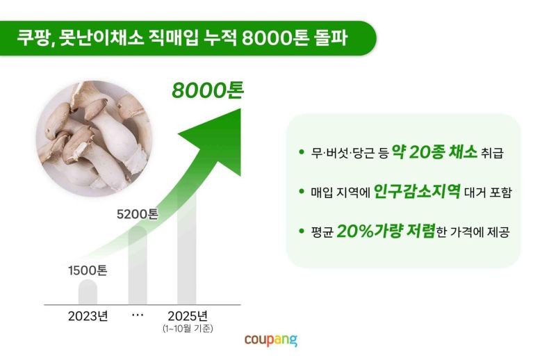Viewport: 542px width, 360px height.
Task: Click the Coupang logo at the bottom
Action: [x=270, y=340]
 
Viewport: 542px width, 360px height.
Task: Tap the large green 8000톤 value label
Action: [x=207, y=91]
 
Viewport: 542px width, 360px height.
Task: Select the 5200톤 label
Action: [x=138, y=214]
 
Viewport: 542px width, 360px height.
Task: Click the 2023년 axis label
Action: [x=88, y=316]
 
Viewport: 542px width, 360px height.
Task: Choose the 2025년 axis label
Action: [x=188, y=316]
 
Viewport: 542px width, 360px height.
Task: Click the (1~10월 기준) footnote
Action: [x=188, y=328]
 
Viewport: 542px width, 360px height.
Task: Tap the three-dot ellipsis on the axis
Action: [x=138, y=315]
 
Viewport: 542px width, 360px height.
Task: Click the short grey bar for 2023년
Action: [x=88, y=292]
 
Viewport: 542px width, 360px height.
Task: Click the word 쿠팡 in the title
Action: [x=33, y=38]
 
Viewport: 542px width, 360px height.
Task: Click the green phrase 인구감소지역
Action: [x=417, y=191]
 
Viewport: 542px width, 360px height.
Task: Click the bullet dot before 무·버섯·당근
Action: [x=301, y=152]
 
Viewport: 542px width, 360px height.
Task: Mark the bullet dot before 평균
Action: [x=301, y=231]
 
